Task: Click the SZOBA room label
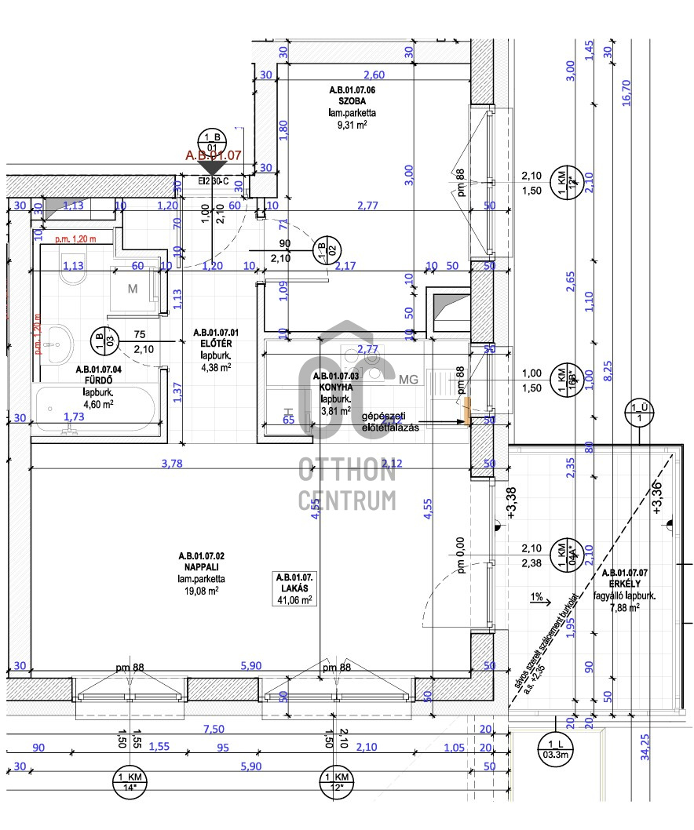[352, 102]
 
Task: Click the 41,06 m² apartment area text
[296, 599]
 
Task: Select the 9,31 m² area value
[352, 124]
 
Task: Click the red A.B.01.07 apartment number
[213, 155]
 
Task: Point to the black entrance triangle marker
[213, 168]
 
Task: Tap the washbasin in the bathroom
[57, 342]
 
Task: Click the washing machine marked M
[133, 288]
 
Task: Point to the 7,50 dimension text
[214, 729]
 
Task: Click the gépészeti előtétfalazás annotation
[390, 421]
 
